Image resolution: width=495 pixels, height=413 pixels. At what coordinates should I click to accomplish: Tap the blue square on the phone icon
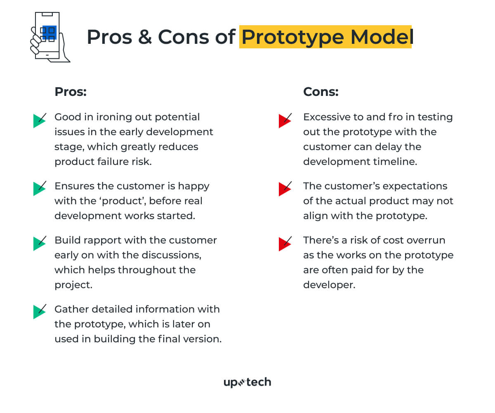[x=49, y=33]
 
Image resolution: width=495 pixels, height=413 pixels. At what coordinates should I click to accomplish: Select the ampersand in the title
[x=145, y=37]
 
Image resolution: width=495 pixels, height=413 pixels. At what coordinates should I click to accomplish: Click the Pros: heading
[x=71, y=91]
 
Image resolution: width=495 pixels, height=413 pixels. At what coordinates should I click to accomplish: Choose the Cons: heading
[x=321, y=91]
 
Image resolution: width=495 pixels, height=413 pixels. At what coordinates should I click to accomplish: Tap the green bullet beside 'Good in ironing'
[x=39, y=120]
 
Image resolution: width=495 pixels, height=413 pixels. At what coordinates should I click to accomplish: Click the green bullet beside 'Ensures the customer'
[x=39, y=189]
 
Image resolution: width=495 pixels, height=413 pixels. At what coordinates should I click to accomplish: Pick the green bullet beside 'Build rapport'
[x=39, y=243]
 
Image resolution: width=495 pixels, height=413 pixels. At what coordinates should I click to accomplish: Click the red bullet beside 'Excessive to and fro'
[x=285, y=120]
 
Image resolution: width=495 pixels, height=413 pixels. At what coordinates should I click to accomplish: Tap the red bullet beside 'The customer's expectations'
[x=285, y=189]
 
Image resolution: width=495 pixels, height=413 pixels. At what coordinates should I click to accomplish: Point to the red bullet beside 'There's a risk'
[x=285, y=244]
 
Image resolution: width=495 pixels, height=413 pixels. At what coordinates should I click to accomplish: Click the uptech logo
[x=247, y=382]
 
